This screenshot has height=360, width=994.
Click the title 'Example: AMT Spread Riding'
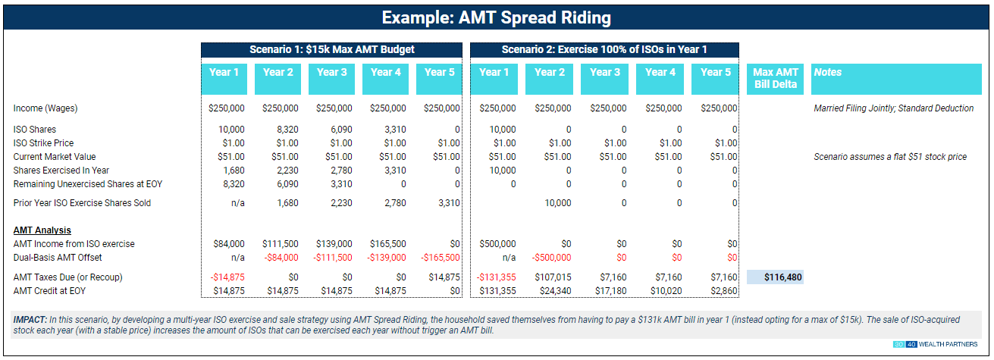pos(496,17)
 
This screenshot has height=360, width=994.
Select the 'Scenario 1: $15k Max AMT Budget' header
pos(331,50)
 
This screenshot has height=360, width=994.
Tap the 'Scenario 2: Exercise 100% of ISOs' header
pos(604,50)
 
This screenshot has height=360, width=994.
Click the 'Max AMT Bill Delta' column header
pos(775,78)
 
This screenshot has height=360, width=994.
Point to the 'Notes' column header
pos(827,73)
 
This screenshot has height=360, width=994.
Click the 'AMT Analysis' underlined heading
pos(42,230)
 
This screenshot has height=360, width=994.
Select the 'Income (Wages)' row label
pos(45,108)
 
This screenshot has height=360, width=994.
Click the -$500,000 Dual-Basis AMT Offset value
pos(549,258)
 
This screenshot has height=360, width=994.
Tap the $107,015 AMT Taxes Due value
pos(552,277)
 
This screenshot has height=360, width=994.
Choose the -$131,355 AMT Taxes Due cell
pos(497,277)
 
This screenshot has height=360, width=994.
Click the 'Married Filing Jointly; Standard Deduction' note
pos(893,108)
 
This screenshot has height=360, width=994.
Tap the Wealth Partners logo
pos(936,345)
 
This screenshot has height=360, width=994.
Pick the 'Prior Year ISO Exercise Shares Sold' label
pos(82,203)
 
